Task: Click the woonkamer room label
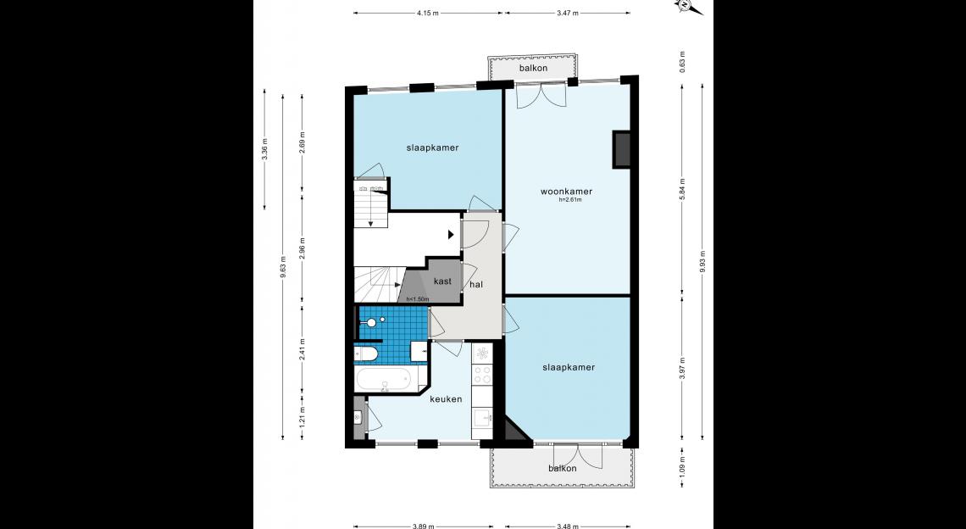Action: coord(566,192)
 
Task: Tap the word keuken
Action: coord(446,399)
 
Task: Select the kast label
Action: coord(442,281)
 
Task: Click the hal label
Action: coord(476,285)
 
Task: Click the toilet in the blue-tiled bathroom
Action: coord(366,354)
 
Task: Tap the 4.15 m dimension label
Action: coord(427,13)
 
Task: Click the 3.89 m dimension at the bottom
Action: coord(423,526)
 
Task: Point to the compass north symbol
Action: coord(685,6)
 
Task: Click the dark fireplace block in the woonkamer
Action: coord(621,149)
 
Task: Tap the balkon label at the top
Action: coord(533,68)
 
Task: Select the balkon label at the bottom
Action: coord(563,469)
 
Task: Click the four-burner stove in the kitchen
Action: coord(482,375)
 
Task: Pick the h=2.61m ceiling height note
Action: coord(570,200)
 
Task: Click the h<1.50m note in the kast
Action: coord(417,299)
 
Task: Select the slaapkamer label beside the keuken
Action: coord(569,367)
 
